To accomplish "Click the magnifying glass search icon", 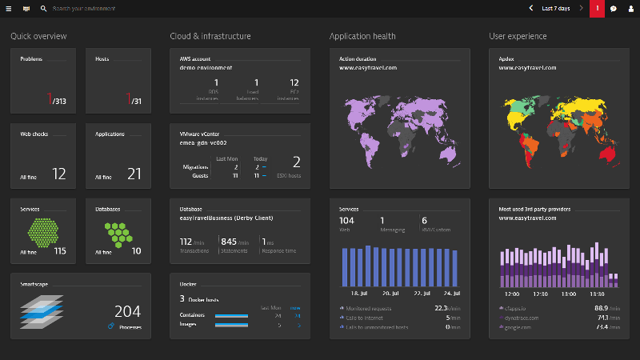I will point(43,8).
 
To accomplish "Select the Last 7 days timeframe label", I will point(555,8).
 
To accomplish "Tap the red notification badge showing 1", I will point(597,8).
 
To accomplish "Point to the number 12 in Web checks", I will point(59,174).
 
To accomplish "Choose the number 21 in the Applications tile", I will point(134,174).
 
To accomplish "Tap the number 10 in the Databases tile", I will point(136,251).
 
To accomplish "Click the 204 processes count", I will point(127,311).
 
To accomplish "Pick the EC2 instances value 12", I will point(294,82).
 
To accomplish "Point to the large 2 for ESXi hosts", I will point(296,162).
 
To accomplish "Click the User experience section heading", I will point(518,36).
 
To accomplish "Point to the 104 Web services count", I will point(346,220).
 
